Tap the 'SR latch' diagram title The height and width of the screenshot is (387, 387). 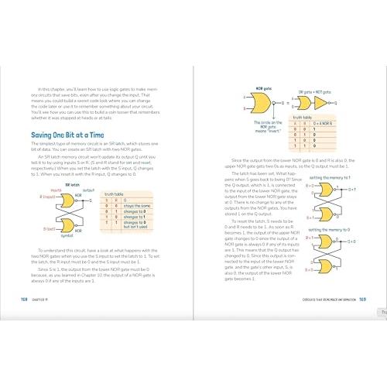pos(73,185)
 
